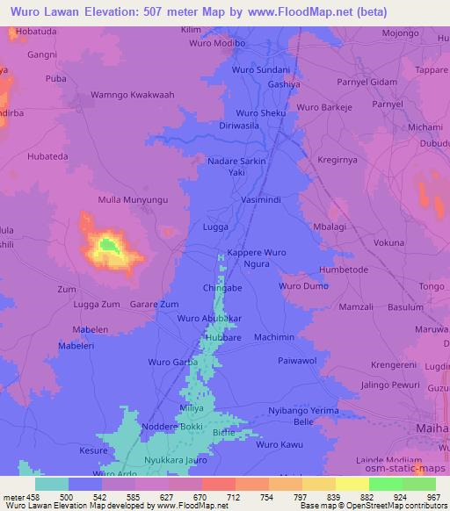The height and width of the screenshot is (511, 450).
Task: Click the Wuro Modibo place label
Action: (x=217, y=43)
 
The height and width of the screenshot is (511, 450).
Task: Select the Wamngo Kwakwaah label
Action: (x=133, y=95)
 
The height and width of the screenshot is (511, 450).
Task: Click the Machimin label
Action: (x=273, y=337)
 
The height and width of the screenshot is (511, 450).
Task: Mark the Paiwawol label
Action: (x=303, y=361)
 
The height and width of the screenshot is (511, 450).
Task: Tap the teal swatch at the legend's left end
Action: (x=52, y=484)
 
